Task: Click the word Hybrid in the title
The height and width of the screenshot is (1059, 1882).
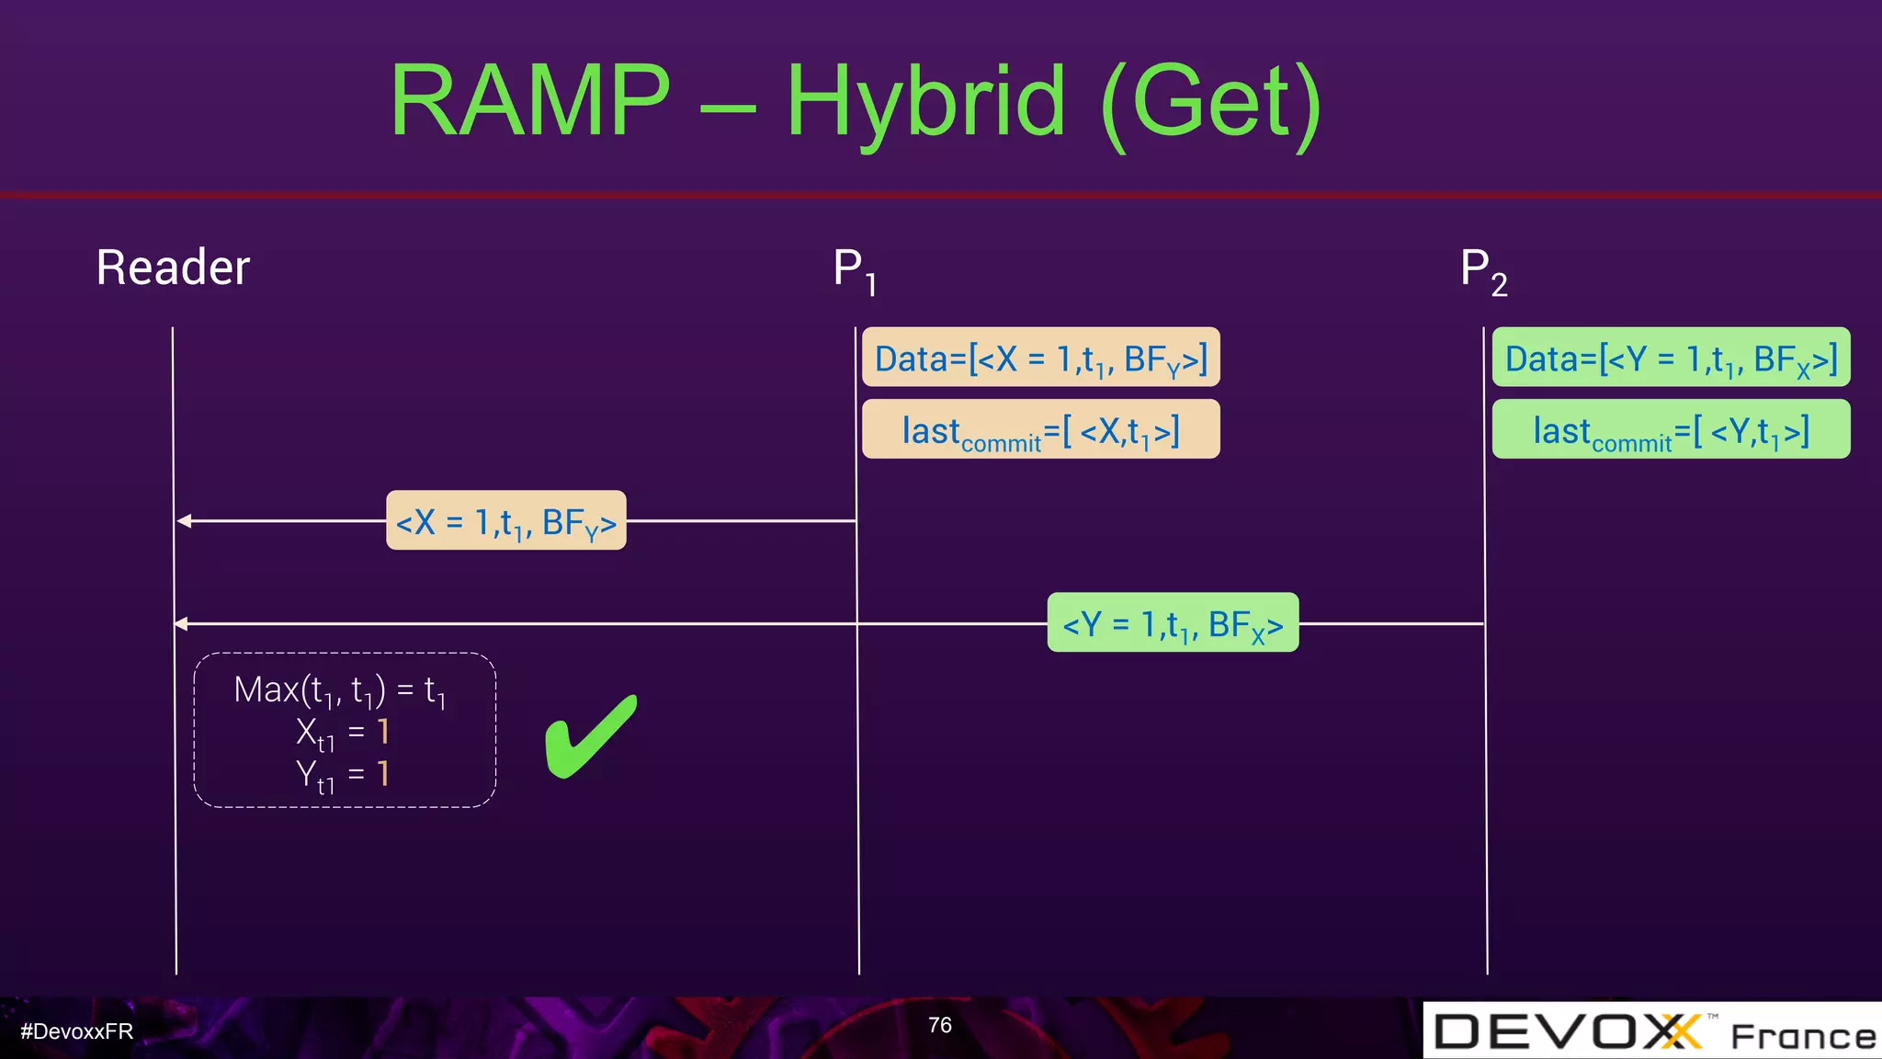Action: (925, 103)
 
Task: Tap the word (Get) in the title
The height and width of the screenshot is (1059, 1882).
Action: (1211, 103)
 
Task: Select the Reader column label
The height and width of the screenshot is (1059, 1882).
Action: (173, 268)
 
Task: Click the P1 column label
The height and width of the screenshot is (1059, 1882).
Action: (854, 270)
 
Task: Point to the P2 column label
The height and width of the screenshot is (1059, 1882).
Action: (1482, 270)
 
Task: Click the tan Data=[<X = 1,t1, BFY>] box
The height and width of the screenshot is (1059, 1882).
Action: (1040, 358)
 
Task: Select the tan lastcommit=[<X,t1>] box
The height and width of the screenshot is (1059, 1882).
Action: (1040, 429)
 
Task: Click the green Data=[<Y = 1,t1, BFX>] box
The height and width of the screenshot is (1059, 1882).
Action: (1671, 358)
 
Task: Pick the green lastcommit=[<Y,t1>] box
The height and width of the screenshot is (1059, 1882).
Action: (1671, 429)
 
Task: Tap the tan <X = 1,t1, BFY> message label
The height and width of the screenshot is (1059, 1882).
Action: (505, 521)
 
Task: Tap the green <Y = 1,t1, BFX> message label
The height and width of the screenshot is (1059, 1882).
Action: (1173, 623)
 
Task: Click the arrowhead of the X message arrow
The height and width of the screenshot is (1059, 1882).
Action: (184, 520)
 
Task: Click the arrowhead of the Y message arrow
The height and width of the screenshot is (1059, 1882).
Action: (181, 623)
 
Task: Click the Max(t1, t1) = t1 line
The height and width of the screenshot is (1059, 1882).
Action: (340, 689)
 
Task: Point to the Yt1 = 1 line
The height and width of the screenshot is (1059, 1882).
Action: (343, 774)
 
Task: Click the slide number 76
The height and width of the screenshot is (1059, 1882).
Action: (939, 1025)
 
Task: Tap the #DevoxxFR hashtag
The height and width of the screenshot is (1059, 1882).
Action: (77, 1031)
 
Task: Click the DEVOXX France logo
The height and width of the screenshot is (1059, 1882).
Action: (1652, 1031)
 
